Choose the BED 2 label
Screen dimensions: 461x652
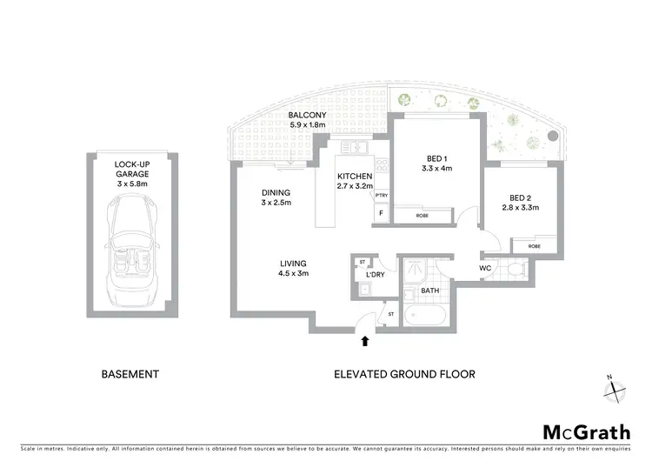(x=522, y=203)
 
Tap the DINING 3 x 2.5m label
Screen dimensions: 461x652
(x=276, y=197)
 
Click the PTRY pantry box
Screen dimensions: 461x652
(x=381, y=195)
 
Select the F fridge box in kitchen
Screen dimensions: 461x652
(x=381, y=212)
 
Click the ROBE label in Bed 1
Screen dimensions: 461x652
(x=422, y=215)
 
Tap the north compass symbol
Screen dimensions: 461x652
(x=615, y=387)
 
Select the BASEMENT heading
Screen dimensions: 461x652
(x=130, y=375)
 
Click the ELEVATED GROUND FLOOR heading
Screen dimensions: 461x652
(x=404, y=375)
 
